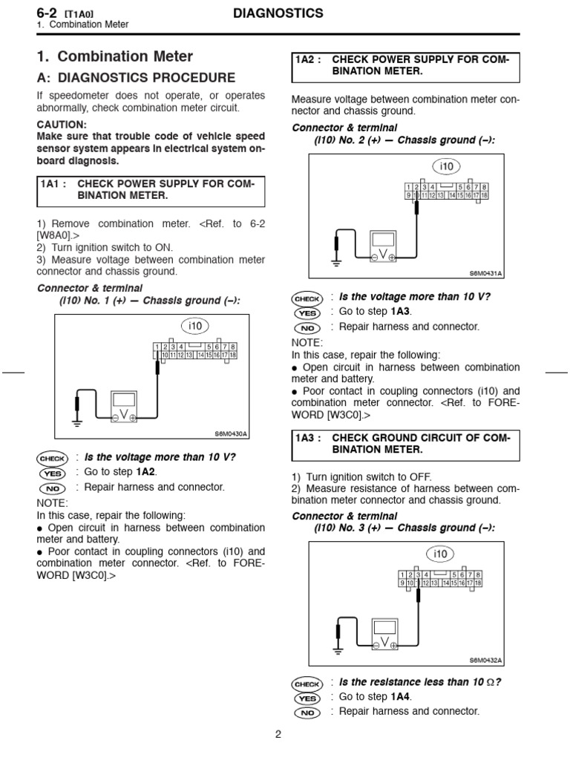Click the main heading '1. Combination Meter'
pyautogui.click(x=115, y=56)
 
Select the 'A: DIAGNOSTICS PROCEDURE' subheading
pyautogui.click(x=136, y=77)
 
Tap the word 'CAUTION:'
pyautogui.click(x=62, y=125)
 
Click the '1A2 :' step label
pyautogui.click(x=307, y=59)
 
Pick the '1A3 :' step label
pyautogui.click(x=307, y=439)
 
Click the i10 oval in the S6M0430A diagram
pyautogui.click(x=195, y=326)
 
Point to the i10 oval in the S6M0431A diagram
pyautogui.click(x=447, y=165)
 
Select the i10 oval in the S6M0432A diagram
pyautogui.click(x=441, y=554)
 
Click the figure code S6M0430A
pyautogui.click(x=232, y=434)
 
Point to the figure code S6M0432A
pyautogui.click(x=485, y=660)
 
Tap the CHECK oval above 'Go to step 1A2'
pyautogui.click(x=53, y=459)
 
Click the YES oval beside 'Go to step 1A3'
pyautogui.click(x=307, y=312)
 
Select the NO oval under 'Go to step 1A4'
pyautogui.click(x=307, y=712)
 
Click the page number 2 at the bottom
pyautogui.click(x=278, y=736)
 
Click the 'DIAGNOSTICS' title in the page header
pyautogui.click(x=278, y=13)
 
